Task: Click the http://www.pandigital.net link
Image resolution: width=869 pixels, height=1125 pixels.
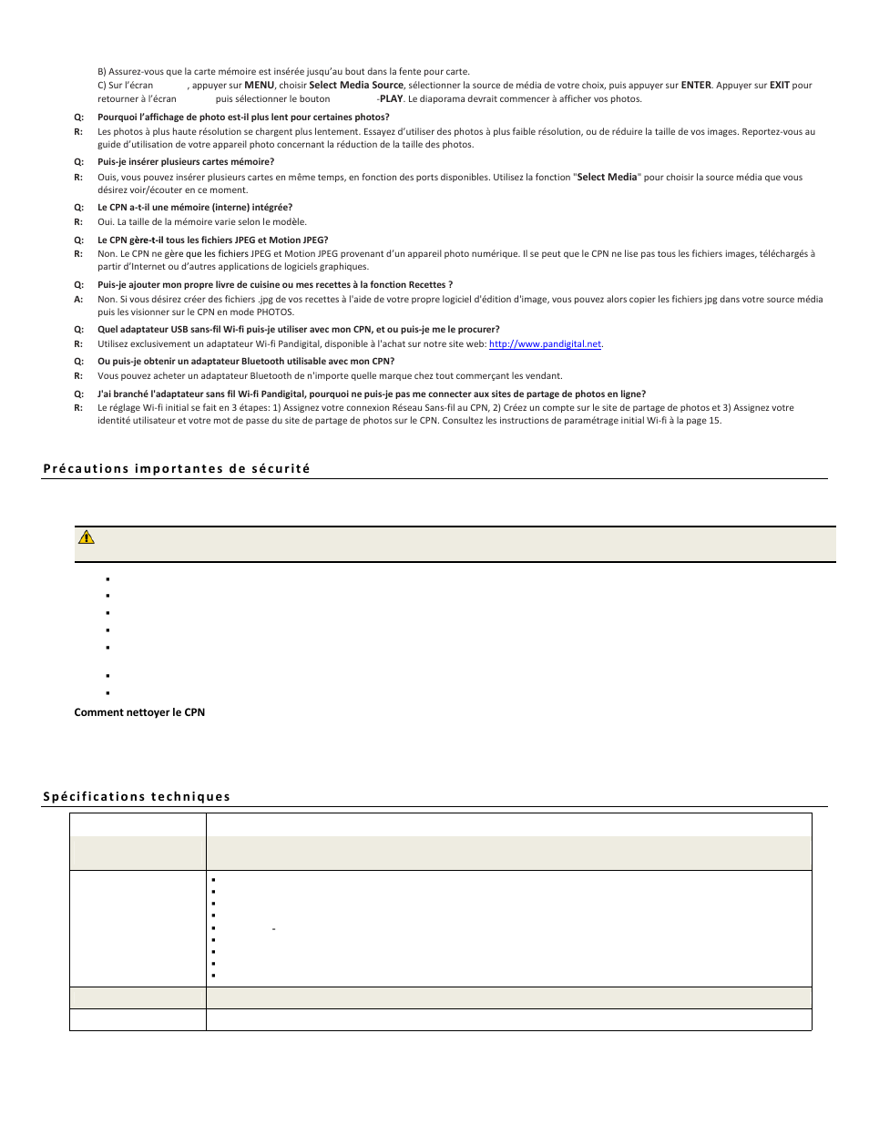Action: click(545, 344)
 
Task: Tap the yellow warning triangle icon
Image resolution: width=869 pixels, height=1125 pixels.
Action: click(87, 537)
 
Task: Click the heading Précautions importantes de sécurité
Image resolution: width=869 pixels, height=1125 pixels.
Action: click(177, 469)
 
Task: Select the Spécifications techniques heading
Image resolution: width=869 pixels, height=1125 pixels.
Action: click(137, 797)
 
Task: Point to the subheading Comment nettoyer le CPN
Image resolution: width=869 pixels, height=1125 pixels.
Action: click(139, 712)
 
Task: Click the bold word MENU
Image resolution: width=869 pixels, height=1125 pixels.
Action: click(259, 86)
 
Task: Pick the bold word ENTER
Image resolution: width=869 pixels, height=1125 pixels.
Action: click(696, 86)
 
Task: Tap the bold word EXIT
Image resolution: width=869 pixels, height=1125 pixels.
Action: click(779, 86)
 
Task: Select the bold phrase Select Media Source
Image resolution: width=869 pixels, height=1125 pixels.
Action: click(356, 86)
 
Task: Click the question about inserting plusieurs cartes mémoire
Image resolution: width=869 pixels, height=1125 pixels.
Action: click(186, 162)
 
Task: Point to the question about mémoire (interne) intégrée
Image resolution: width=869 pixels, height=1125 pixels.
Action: click(195, 208)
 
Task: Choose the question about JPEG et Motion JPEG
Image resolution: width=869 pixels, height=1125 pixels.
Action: click(212, 240)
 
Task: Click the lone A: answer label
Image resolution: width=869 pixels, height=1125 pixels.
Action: click(78, 299)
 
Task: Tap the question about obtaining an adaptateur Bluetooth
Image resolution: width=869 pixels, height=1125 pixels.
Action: click(246, 362)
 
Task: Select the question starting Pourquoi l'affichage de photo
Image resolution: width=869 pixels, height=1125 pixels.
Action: click(243, 118)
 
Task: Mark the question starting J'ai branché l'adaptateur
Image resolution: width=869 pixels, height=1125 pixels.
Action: click(372, 394)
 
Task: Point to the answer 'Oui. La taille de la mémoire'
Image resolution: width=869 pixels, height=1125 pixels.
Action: click(202, 221)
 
